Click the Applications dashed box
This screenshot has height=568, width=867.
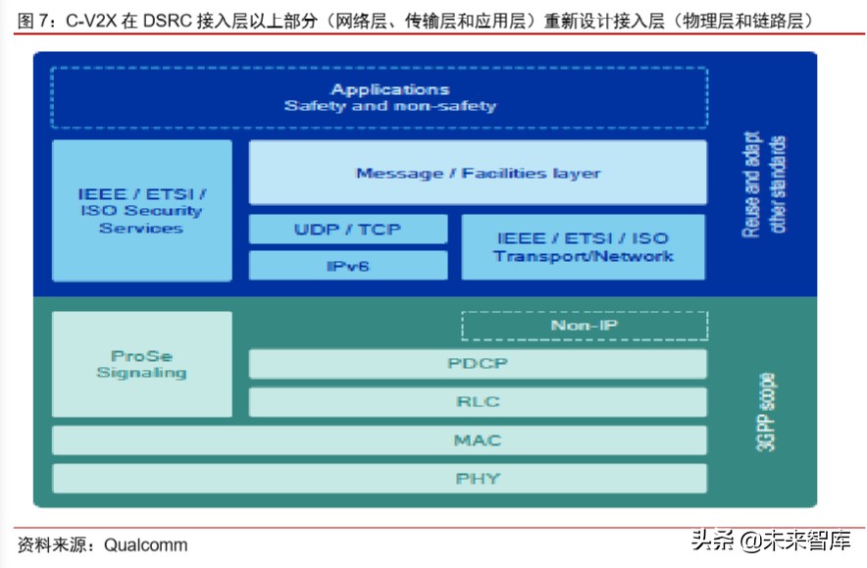tap(379, 97)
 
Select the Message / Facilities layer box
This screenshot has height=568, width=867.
tap(478, 173)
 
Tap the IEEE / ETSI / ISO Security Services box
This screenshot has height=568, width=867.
tap(141, 211)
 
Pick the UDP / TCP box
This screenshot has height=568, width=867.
tap(348, 230)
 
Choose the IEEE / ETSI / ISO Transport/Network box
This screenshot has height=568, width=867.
tap(583, 247)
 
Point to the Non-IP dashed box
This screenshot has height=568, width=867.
tap(584, 326)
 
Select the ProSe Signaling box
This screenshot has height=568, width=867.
tap(141, 364)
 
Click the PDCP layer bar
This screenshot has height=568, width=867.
tap(478, 364)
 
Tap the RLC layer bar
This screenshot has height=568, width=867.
tap(478, 402)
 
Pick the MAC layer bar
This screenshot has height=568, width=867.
tap(379, 440)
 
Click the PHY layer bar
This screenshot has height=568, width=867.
tap(379, 479)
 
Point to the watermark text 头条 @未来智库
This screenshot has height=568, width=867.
tap(769, 541)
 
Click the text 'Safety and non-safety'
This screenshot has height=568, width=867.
tap(390, 106)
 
